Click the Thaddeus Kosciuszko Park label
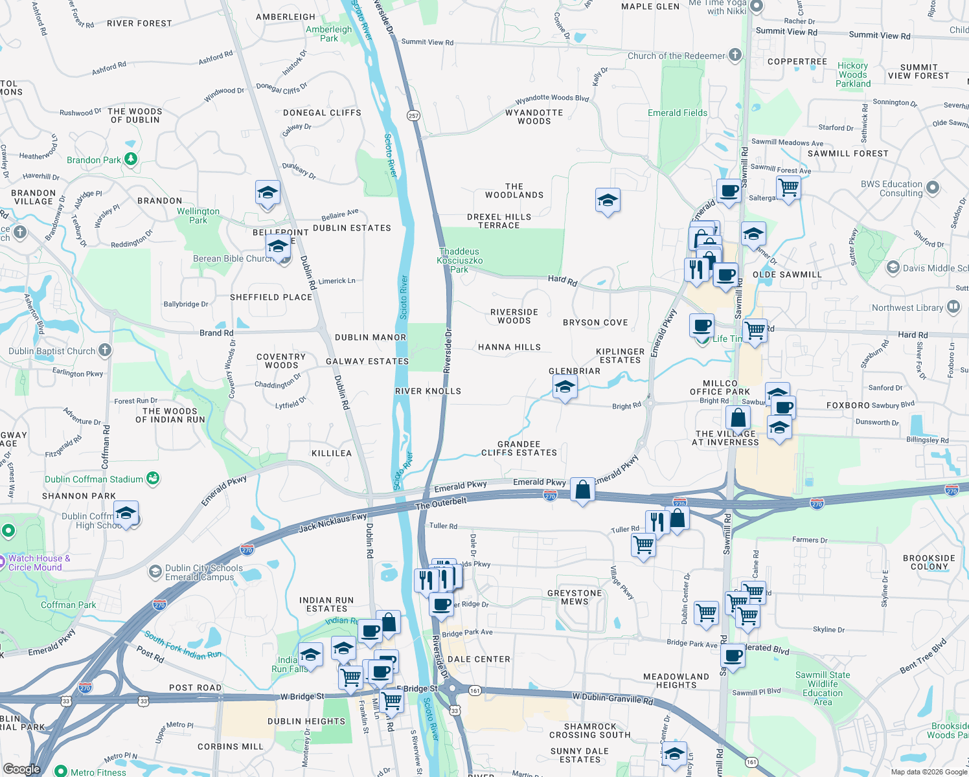click(x=459, y=260)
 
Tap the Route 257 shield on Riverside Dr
click(x=414, y=115)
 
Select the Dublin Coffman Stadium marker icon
click(x=153, y=479)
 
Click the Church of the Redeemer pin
click(x=735, y=55)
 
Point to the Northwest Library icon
click(x=953, y=307)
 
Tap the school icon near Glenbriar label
click(x=565, y=388)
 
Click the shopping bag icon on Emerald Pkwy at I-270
click(x=582, y=490)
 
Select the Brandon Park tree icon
click(x=131, y=159)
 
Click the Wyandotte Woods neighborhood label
click(x=534, y=117)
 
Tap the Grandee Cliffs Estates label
click(x=519, y=449)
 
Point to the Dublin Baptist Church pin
click(x=105, y=350)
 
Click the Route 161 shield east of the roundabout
click(x=475, y=691)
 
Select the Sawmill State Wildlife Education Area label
click(x=823, y=688)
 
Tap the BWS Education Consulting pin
click(x=932, y=188)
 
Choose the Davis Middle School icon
click(x=893, y=267)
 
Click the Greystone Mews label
click(x=575, y=597)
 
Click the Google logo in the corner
click(x=21, y=769)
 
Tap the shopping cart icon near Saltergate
click(x=788, y=188)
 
